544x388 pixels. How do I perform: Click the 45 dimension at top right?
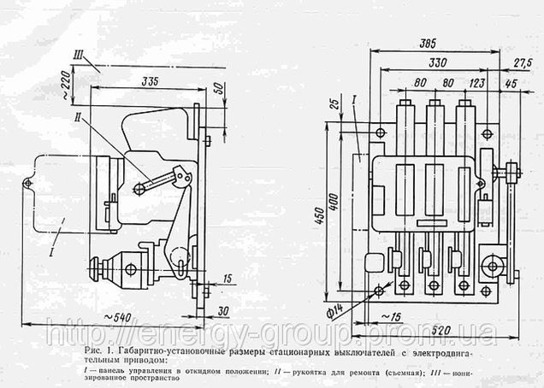511,83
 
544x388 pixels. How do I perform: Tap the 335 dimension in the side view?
151,81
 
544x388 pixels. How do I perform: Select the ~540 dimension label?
128,318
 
